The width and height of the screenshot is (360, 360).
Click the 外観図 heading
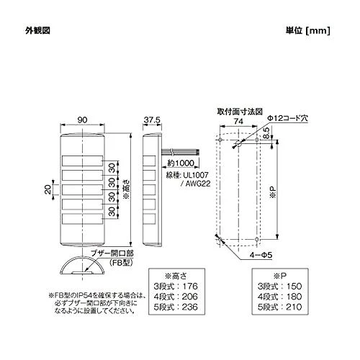(x=37, y=31)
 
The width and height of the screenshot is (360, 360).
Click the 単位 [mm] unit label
(x=308, y=31)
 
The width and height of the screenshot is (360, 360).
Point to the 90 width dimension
(x=82, y=120)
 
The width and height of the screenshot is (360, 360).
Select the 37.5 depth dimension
(x=152, y=120)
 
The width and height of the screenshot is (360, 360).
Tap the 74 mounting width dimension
(x=238, y=121)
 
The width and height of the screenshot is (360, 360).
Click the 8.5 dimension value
(x=266, y=133)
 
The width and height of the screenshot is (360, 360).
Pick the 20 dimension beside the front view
(x=48, y=189)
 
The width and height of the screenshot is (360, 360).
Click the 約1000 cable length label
(x=181, y=163)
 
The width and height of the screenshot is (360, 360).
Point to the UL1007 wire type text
(x=194, y=175)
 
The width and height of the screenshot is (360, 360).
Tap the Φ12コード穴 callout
(x=287, y=118)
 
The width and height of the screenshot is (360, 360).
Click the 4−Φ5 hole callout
(x=261, y=255)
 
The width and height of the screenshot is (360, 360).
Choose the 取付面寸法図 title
(x=240, y=112)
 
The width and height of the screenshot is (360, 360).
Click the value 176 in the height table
(x=189, y=286)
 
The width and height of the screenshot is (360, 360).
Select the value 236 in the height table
(x=189, y=307)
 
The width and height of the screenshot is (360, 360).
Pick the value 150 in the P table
(x=294, y=286)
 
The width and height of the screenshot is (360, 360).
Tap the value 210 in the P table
(x=294, y=307)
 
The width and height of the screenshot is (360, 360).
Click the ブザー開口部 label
(x=112, y=253)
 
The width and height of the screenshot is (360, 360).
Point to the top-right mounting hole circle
(x=256, y=140)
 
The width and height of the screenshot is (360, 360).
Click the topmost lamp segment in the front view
(x=82, y=161)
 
